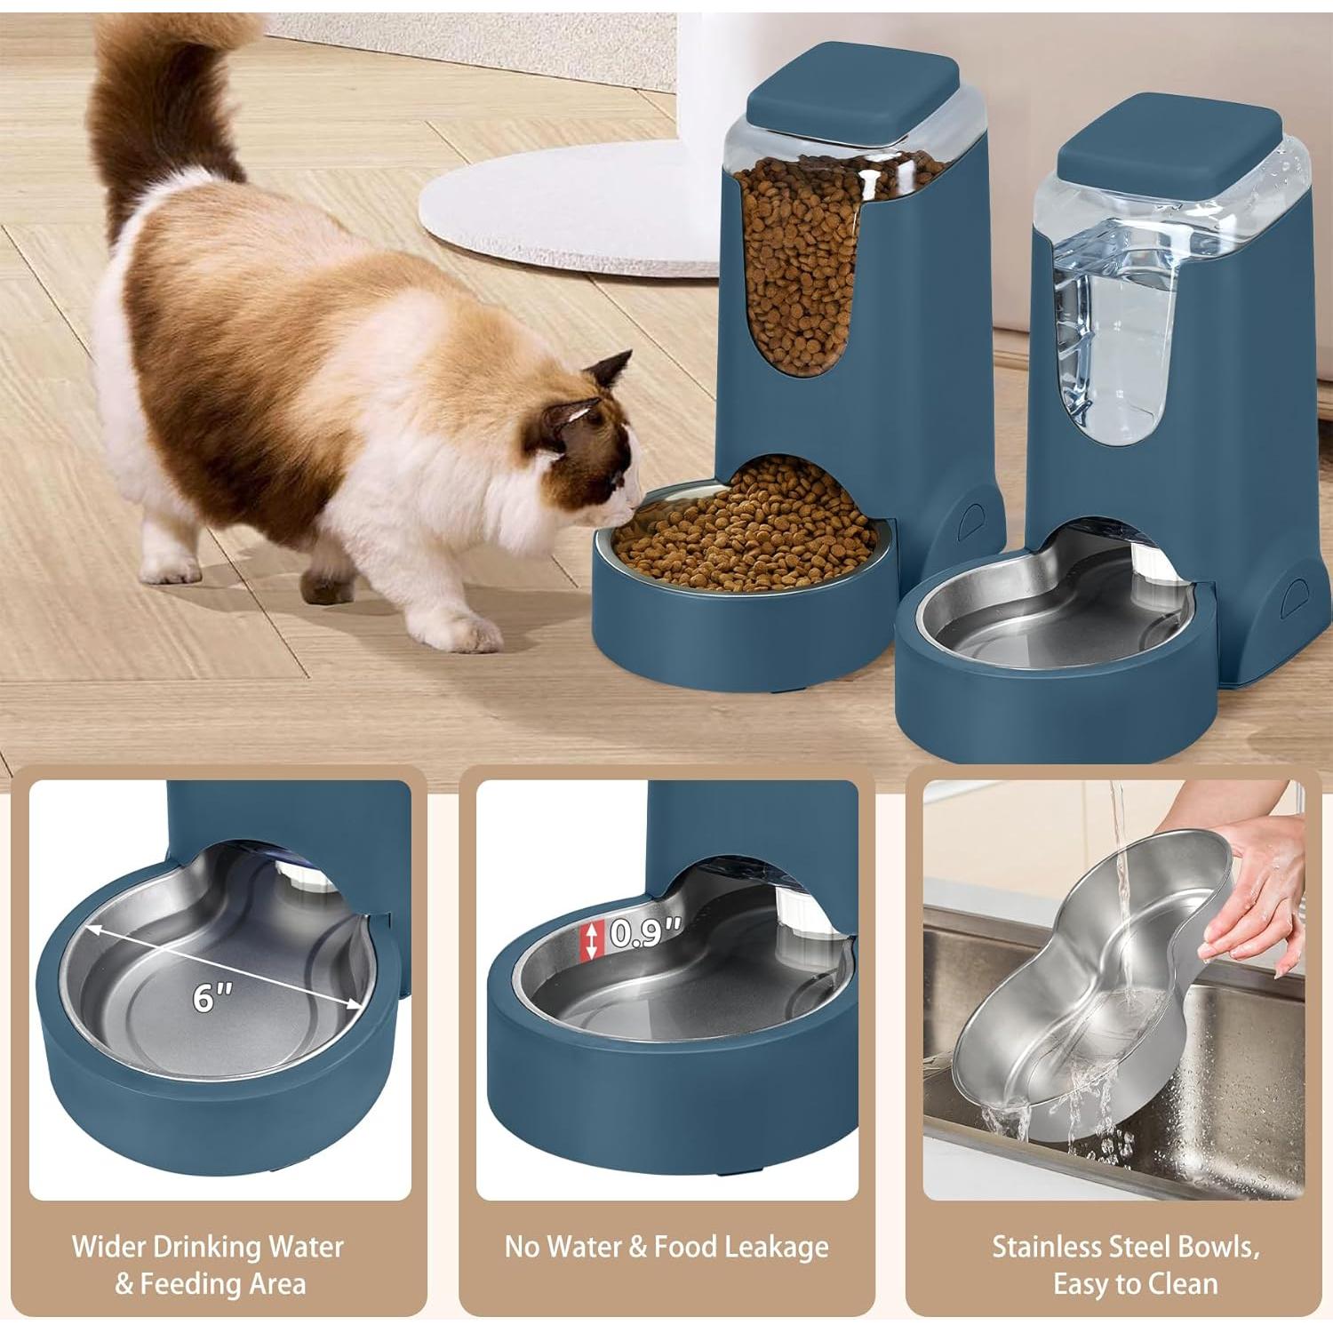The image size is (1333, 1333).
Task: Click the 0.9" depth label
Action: point(645,933)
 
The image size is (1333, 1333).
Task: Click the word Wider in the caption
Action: point(109,1247)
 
